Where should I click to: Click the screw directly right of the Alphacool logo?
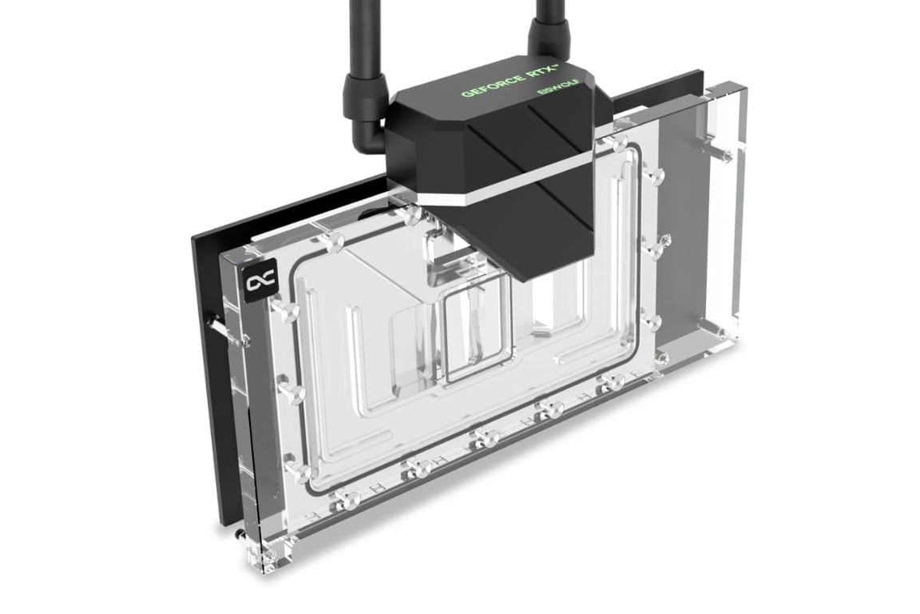[286, 306]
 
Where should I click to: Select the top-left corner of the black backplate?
[192, 237]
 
